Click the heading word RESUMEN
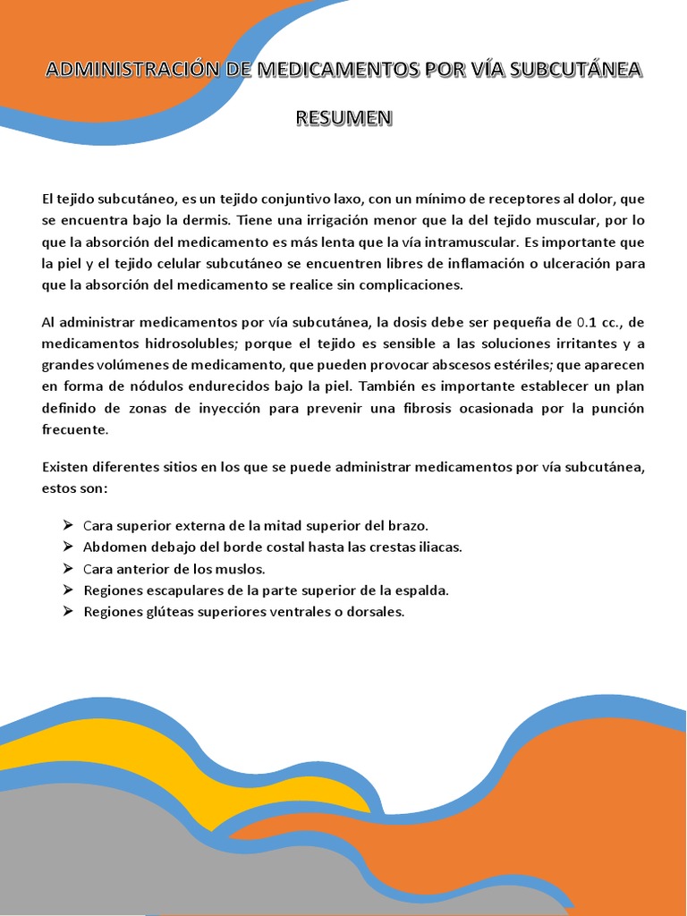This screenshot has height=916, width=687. pos(343,118)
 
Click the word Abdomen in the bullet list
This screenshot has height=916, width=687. pos(111,547)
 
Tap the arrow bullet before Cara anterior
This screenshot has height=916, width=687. pos(70,568)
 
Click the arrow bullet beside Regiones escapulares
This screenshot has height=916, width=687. pos(70,590)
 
